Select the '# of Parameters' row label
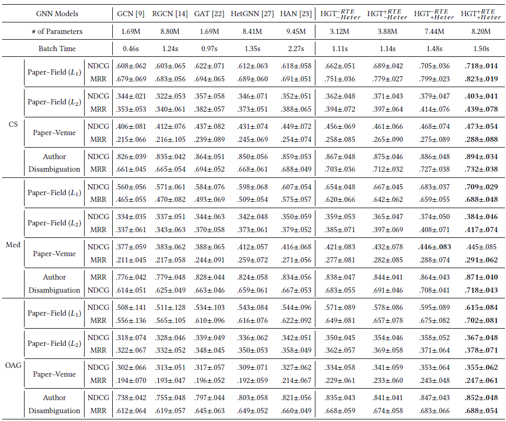(56, 31)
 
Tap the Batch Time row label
(57, 49)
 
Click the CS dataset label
(12, 124)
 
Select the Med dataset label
(12, 245)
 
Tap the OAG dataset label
(12, 365)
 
